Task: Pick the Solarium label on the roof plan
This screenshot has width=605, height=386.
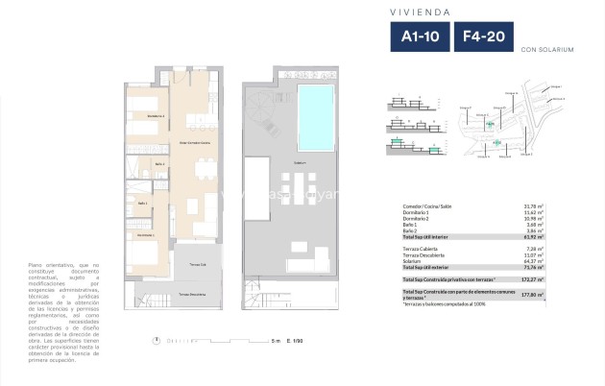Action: (x=300, y=163)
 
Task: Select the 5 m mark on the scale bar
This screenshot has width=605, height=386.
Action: (x=275, y=340)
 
